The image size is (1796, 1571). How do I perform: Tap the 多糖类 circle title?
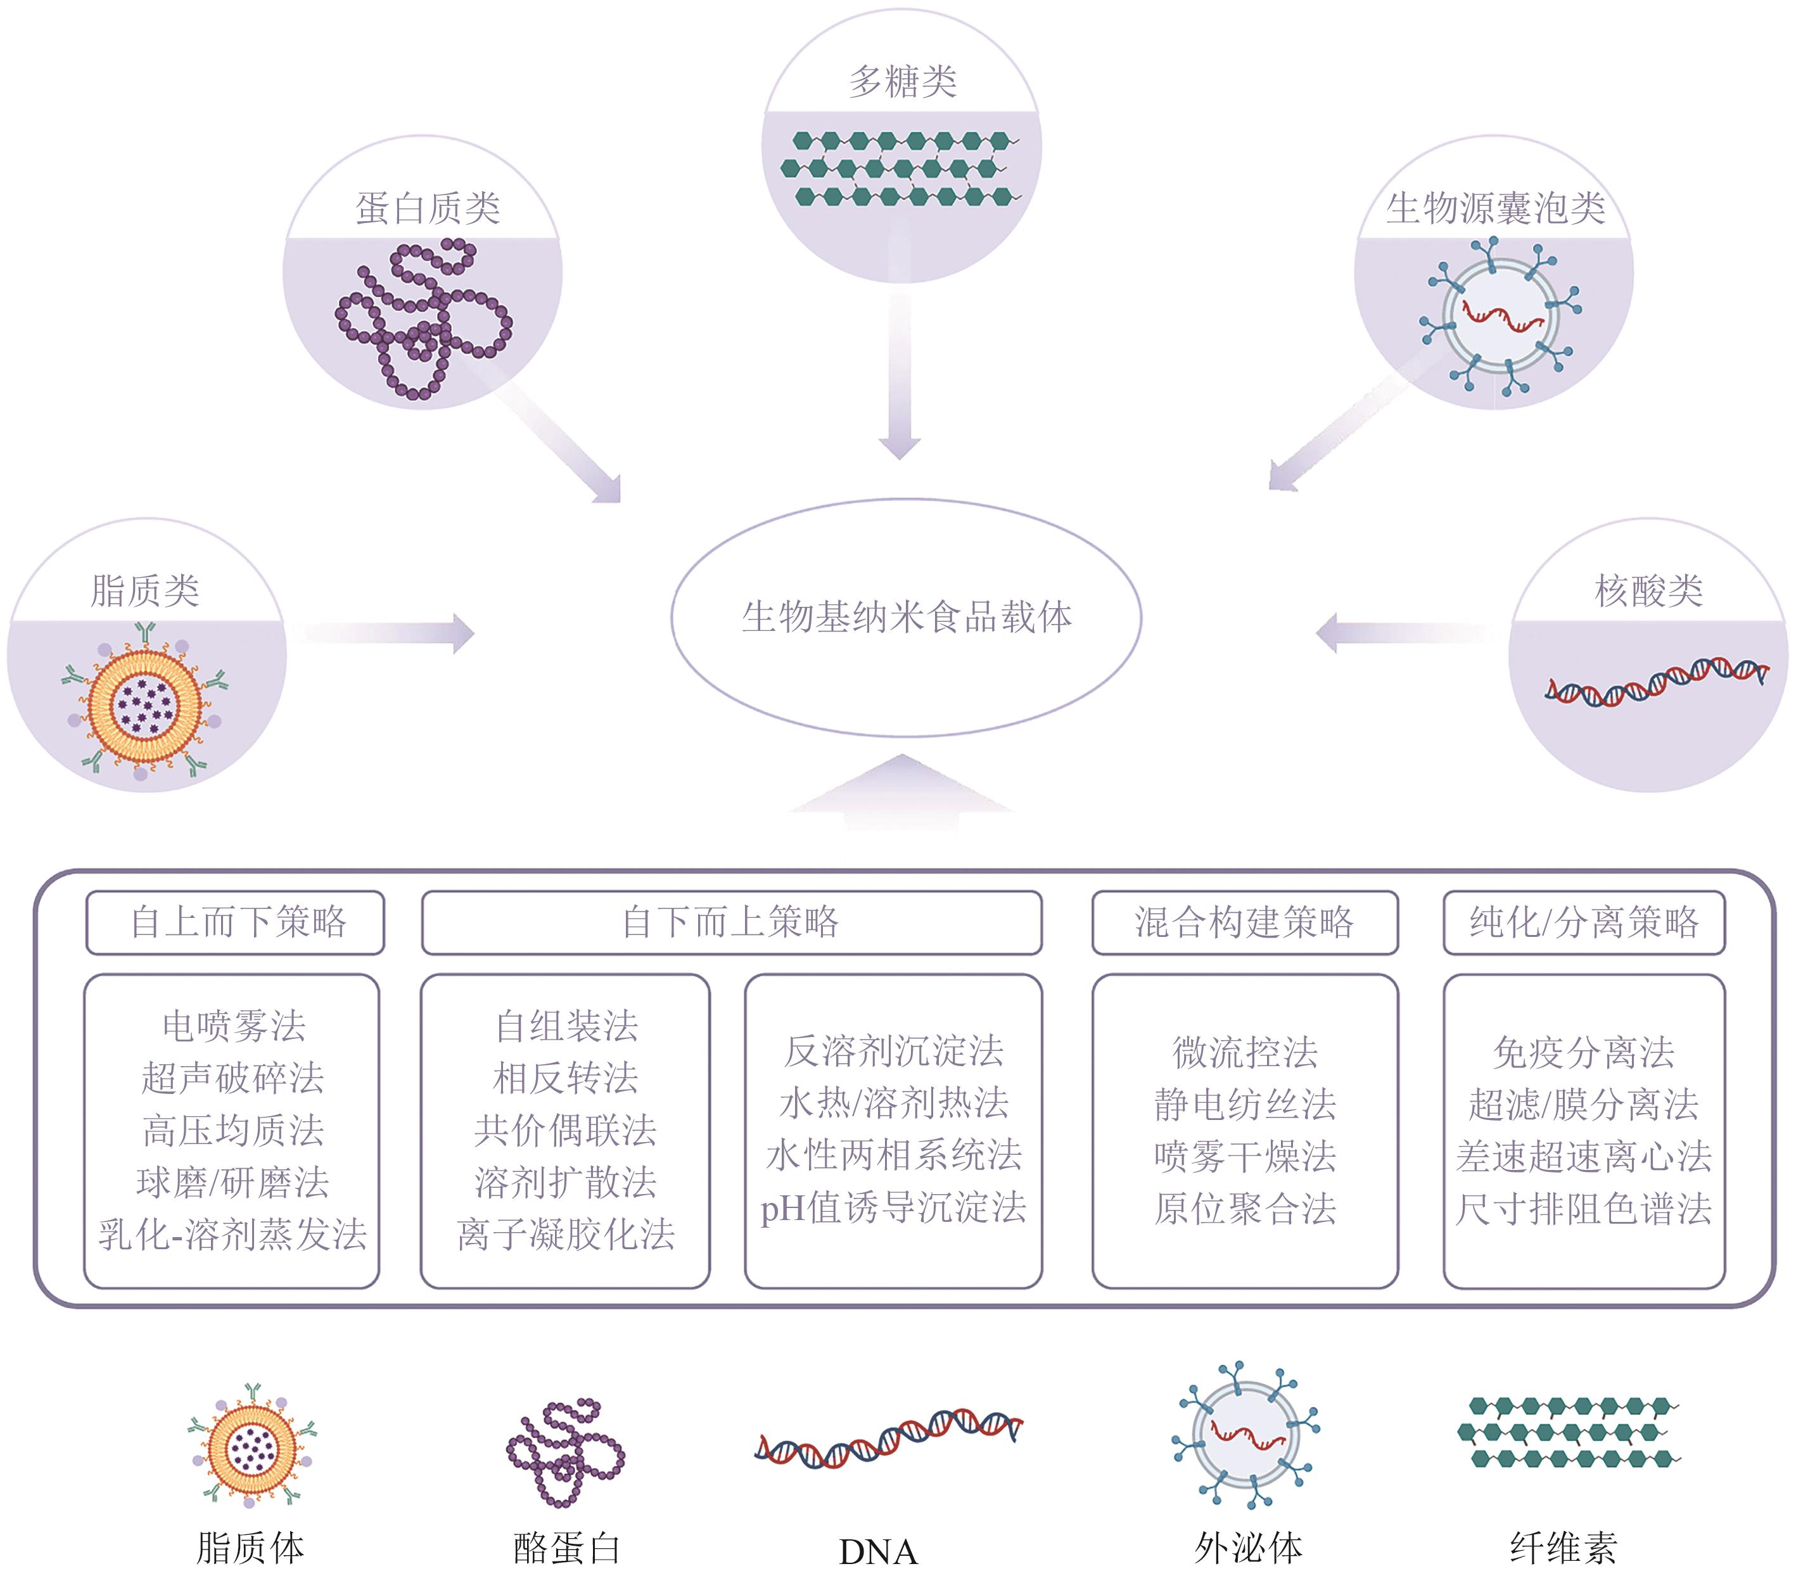[902, 82]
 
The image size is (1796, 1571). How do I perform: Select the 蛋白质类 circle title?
[427, 208]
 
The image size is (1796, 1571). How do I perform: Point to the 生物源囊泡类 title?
[1494, 208]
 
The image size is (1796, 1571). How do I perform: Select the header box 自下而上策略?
[730, 922]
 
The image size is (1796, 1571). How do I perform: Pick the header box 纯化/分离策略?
[1583, 922]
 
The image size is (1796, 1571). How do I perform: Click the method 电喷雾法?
[233, 1026]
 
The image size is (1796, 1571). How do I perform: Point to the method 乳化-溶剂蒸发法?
[232, 1235]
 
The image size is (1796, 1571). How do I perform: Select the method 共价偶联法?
[565, 1131]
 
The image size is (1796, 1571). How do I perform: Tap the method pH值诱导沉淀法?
[893, 1208]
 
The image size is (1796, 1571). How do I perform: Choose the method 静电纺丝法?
[1245, 1105]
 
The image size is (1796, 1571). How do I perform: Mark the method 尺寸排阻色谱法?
[1583, 1209]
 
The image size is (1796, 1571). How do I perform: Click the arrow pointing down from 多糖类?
[900, 377]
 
